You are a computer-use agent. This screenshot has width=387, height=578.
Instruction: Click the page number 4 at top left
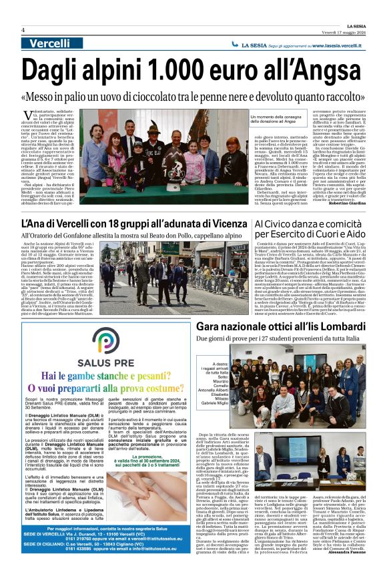coord(23,30)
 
